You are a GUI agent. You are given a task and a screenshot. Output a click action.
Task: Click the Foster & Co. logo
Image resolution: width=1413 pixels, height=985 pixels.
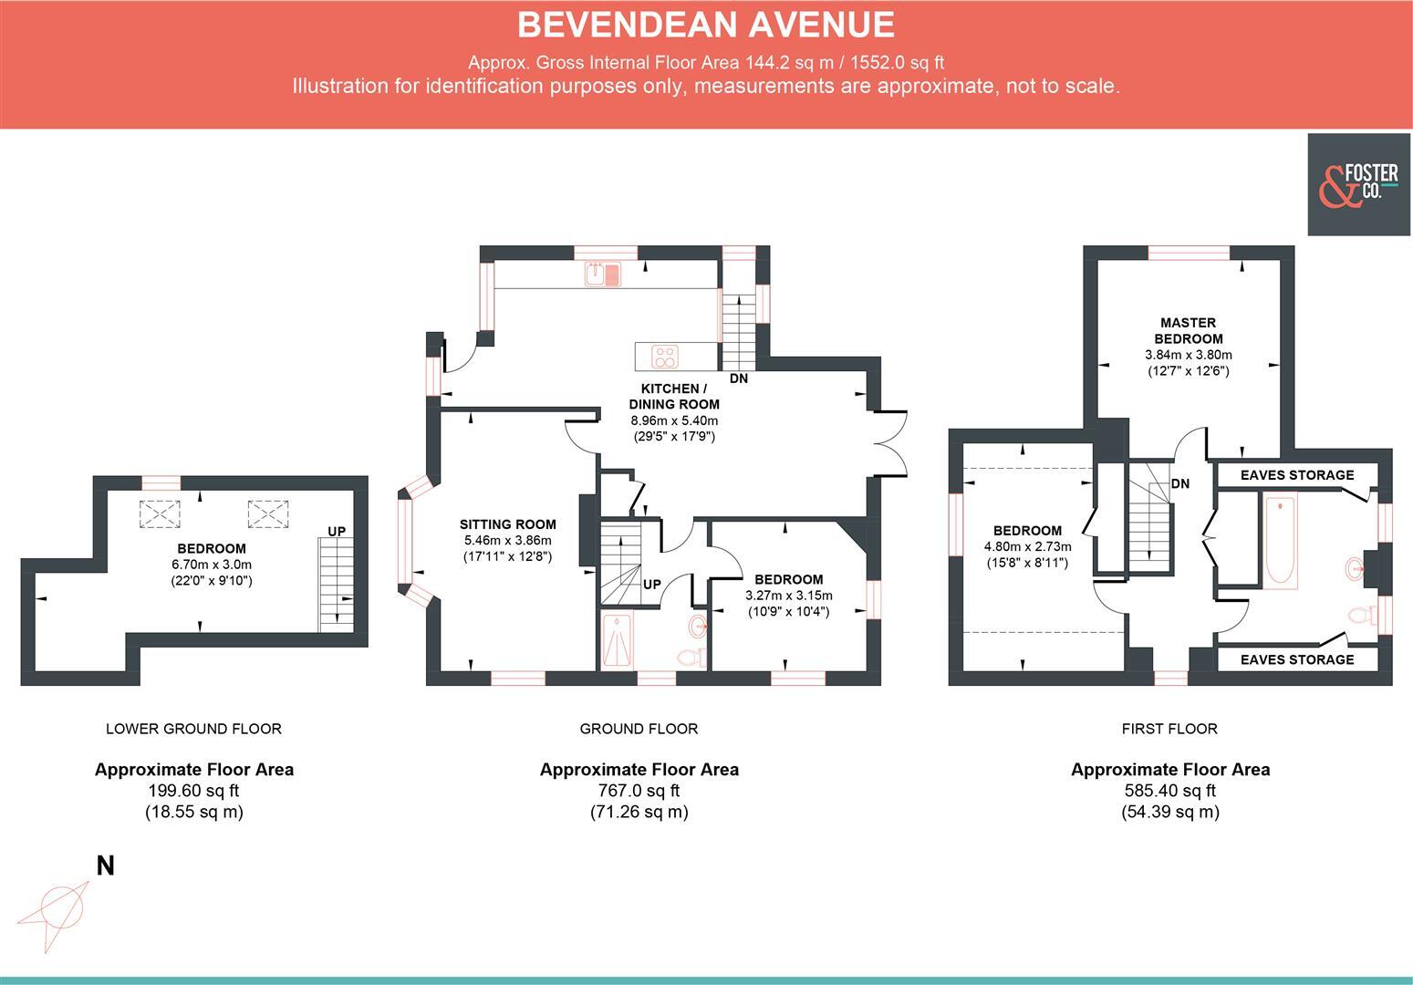click(x=1359, y=184)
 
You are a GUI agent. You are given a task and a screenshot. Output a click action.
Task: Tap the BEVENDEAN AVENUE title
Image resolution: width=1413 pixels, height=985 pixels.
click(x=705, y=25)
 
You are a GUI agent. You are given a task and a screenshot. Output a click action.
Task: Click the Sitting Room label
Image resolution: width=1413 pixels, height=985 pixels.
click(x=507, y=524)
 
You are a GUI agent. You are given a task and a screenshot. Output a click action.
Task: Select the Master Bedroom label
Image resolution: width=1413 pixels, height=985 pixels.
click(x=1188, y=330)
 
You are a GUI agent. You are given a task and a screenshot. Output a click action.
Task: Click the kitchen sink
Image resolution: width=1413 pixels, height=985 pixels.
click(x=603, y=274)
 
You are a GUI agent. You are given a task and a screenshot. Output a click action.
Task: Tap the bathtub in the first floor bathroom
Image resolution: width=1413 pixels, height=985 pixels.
click(x=1281, y=539)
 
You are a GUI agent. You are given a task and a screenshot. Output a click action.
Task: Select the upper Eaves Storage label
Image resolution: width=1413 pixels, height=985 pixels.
click(x=1296, y=475)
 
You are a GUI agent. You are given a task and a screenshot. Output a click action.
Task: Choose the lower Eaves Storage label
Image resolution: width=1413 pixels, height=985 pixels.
click(x=1296, y=659)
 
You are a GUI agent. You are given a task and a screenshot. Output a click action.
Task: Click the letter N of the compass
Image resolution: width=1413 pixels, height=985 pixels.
click(x=106, y=866)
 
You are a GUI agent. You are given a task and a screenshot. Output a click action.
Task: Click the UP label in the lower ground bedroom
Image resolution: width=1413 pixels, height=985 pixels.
click(x=337, y=531)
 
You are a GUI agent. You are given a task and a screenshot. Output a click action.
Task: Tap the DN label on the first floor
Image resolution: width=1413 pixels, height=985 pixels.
click(x=1179, y=483)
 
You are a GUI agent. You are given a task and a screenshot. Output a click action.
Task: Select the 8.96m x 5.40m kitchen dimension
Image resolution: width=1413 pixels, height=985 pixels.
click(x=674, y=420)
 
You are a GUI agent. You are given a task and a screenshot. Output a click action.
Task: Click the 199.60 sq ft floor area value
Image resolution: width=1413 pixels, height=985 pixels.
click(x=193, y=791)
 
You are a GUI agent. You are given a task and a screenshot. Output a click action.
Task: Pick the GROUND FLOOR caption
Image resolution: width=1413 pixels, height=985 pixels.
click(x=639, y=729)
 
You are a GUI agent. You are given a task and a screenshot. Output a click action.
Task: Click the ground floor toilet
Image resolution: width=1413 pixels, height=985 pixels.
click(x=690, y=657)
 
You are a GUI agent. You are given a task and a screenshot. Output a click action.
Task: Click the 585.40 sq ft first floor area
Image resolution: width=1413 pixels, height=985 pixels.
click(x=1169, y=791)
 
